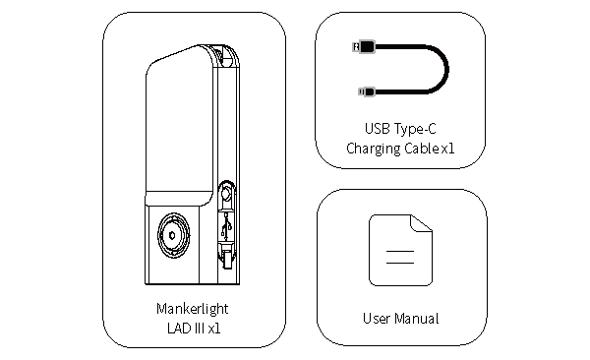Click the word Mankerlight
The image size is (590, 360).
point(193,309)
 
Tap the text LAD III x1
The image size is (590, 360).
point(194,328)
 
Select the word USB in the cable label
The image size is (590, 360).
point(378,129)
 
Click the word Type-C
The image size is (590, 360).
point(415,129)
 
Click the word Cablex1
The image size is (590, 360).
point(430,148)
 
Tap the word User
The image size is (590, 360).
point(377,319)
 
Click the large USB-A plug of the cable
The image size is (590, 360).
point(364,46)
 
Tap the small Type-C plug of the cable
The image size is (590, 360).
point(367,91)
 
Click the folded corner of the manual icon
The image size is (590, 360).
point(422,223)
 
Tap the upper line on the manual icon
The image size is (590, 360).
point(400,251)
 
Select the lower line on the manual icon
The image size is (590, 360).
point(400,263)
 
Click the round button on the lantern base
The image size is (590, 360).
point(173,235)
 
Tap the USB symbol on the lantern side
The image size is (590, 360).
point(226,226)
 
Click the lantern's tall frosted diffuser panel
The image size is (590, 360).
point(179,124)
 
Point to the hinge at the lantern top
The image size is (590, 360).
point(225,56)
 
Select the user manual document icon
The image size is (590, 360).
point(401,251)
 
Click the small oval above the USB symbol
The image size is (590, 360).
point(226,194)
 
